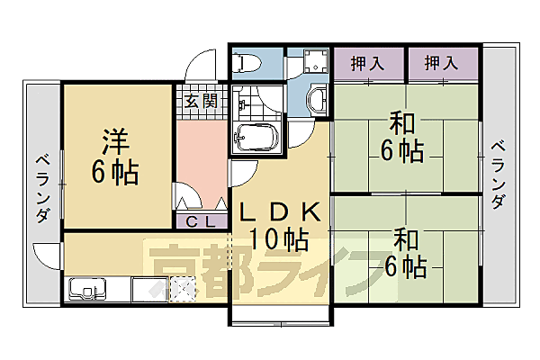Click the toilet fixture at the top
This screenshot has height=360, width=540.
click(246, 62)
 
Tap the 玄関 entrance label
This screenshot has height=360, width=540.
click(201, 99)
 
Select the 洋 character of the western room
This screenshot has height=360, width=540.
click(113, 142)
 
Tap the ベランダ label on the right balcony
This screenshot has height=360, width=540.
click(497, 175)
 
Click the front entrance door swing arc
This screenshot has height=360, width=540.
click(200, 67)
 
